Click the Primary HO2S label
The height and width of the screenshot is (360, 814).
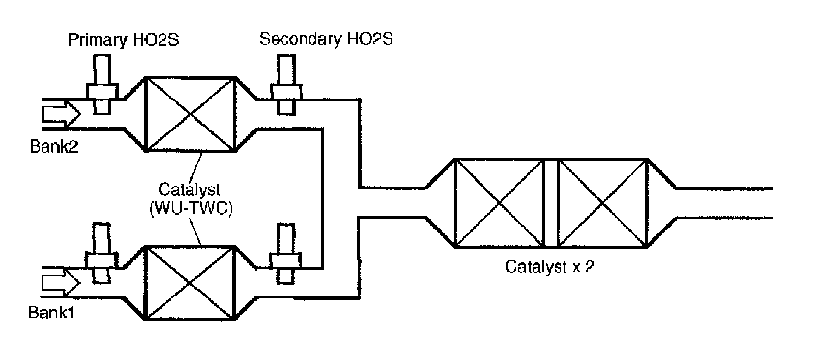click(x=123, y=40)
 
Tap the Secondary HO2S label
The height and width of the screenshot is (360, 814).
click(x=326, y=39)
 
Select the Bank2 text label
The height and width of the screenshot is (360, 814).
click(x=54, y=147)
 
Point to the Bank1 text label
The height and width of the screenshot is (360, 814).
click(x=52, y=312)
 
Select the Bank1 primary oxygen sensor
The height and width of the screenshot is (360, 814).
click(x=102, y=252)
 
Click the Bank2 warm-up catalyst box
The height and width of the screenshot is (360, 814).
click(x=190, y=114)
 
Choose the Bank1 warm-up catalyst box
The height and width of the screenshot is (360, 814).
click(x=190, y=283)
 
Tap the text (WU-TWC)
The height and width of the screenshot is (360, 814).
click(x=190, y=208)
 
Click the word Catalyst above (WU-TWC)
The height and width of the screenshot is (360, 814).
click(x=190, y=190)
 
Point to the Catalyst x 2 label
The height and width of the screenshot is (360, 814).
click(x=549, y=267)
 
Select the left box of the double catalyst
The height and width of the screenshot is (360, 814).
click(x=499, y=203)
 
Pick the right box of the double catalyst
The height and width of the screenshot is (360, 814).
click(x=603, y=203)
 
